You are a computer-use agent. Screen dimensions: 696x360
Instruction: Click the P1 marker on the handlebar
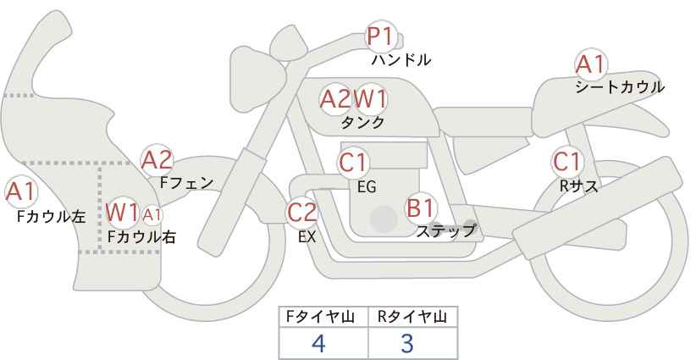tap(381, 36)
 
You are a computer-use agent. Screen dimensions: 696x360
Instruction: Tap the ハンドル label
tap(401, 60)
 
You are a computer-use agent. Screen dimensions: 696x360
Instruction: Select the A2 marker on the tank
tap(335, 99)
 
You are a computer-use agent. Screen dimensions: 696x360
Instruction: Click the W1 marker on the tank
tap(369, 99)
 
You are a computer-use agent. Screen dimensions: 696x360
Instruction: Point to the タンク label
tap(362, 123)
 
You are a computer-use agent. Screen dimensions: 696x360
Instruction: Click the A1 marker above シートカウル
tap(591, 64)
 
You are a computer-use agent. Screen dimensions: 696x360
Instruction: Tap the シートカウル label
tap(620, 87)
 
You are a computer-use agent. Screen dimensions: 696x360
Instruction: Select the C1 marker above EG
tap(353, 163)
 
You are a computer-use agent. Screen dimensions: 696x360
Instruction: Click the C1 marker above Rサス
tap(567, 162)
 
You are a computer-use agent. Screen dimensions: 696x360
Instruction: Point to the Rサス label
tap(578, 186)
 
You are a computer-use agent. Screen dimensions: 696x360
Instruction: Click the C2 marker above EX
tap(301, 212)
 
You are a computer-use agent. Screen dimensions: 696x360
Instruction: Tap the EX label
tap(307, 237)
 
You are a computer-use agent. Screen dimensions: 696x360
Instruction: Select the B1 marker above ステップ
tap(421, 208)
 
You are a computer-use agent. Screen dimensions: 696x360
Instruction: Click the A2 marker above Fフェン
tap(157, 160)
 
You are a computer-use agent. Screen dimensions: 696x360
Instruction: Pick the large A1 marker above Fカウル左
tap(21, 192)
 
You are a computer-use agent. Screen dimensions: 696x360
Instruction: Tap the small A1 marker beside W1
tap(152, 215)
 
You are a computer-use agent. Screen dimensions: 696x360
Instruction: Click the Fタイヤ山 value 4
tap(318, 343)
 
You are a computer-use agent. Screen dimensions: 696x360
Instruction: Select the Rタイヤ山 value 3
tap(407, 343)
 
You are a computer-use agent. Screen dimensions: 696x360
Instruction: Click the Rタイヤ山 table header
tap(412, 317)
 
